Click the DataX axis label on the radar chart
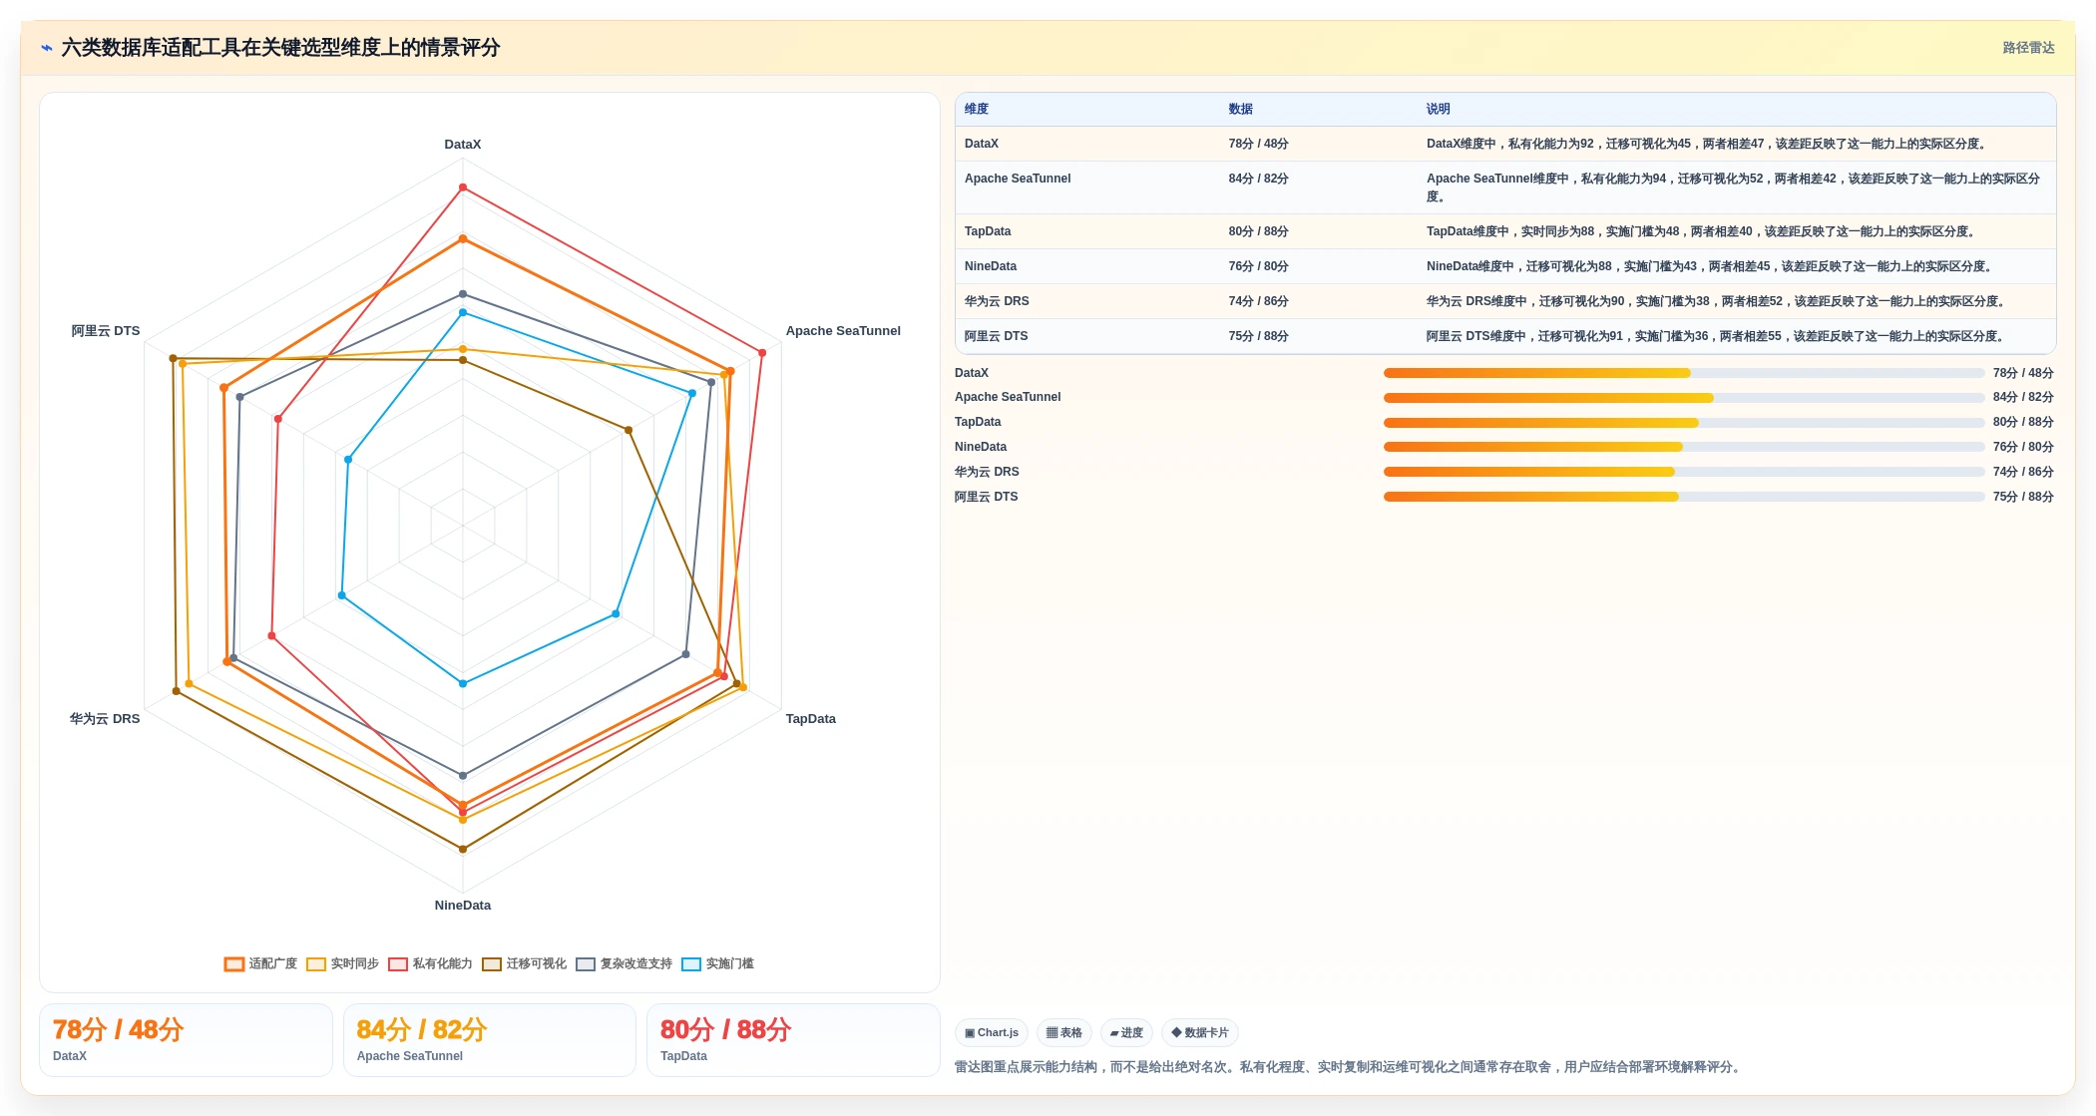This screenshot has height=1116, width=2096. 462,145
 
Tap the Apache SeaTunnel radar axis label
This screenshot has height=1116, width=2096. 843,331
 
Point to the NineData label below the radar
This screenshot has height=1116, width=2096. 462,906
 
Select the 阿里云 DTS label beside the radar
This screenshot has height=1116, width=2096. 106,331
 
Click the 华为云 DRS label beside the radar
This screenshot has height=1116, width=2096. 105,719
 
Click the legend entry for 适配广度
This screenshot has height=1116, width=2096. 261,963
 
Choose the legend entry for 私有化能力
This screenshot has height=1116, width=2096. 430,963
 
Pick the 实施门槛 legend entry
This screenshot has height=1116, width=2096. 718,963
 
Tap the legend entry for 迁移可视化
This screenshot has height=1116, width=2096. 525,963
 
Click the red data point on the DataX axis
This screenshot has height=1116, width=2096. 463,187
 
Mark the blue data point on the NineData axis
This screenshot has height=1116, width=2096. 463,683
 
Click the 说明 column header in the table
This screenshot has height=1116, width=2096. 1438,110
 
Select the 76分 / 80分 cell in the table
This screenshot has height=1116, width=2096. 1258,266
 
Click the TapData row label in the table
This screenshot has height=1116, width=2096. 988,231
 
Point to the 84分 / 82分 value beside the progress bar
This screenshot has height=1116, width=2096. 2023,397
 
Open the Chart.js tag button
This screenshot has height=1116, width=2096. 992,1033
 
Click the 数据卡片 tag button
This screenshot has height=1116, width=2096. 1200,1033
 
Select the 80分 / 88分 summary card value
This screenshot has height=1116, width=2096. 726,1030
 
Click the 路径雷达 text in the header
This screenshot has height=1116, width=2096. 2028,48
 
